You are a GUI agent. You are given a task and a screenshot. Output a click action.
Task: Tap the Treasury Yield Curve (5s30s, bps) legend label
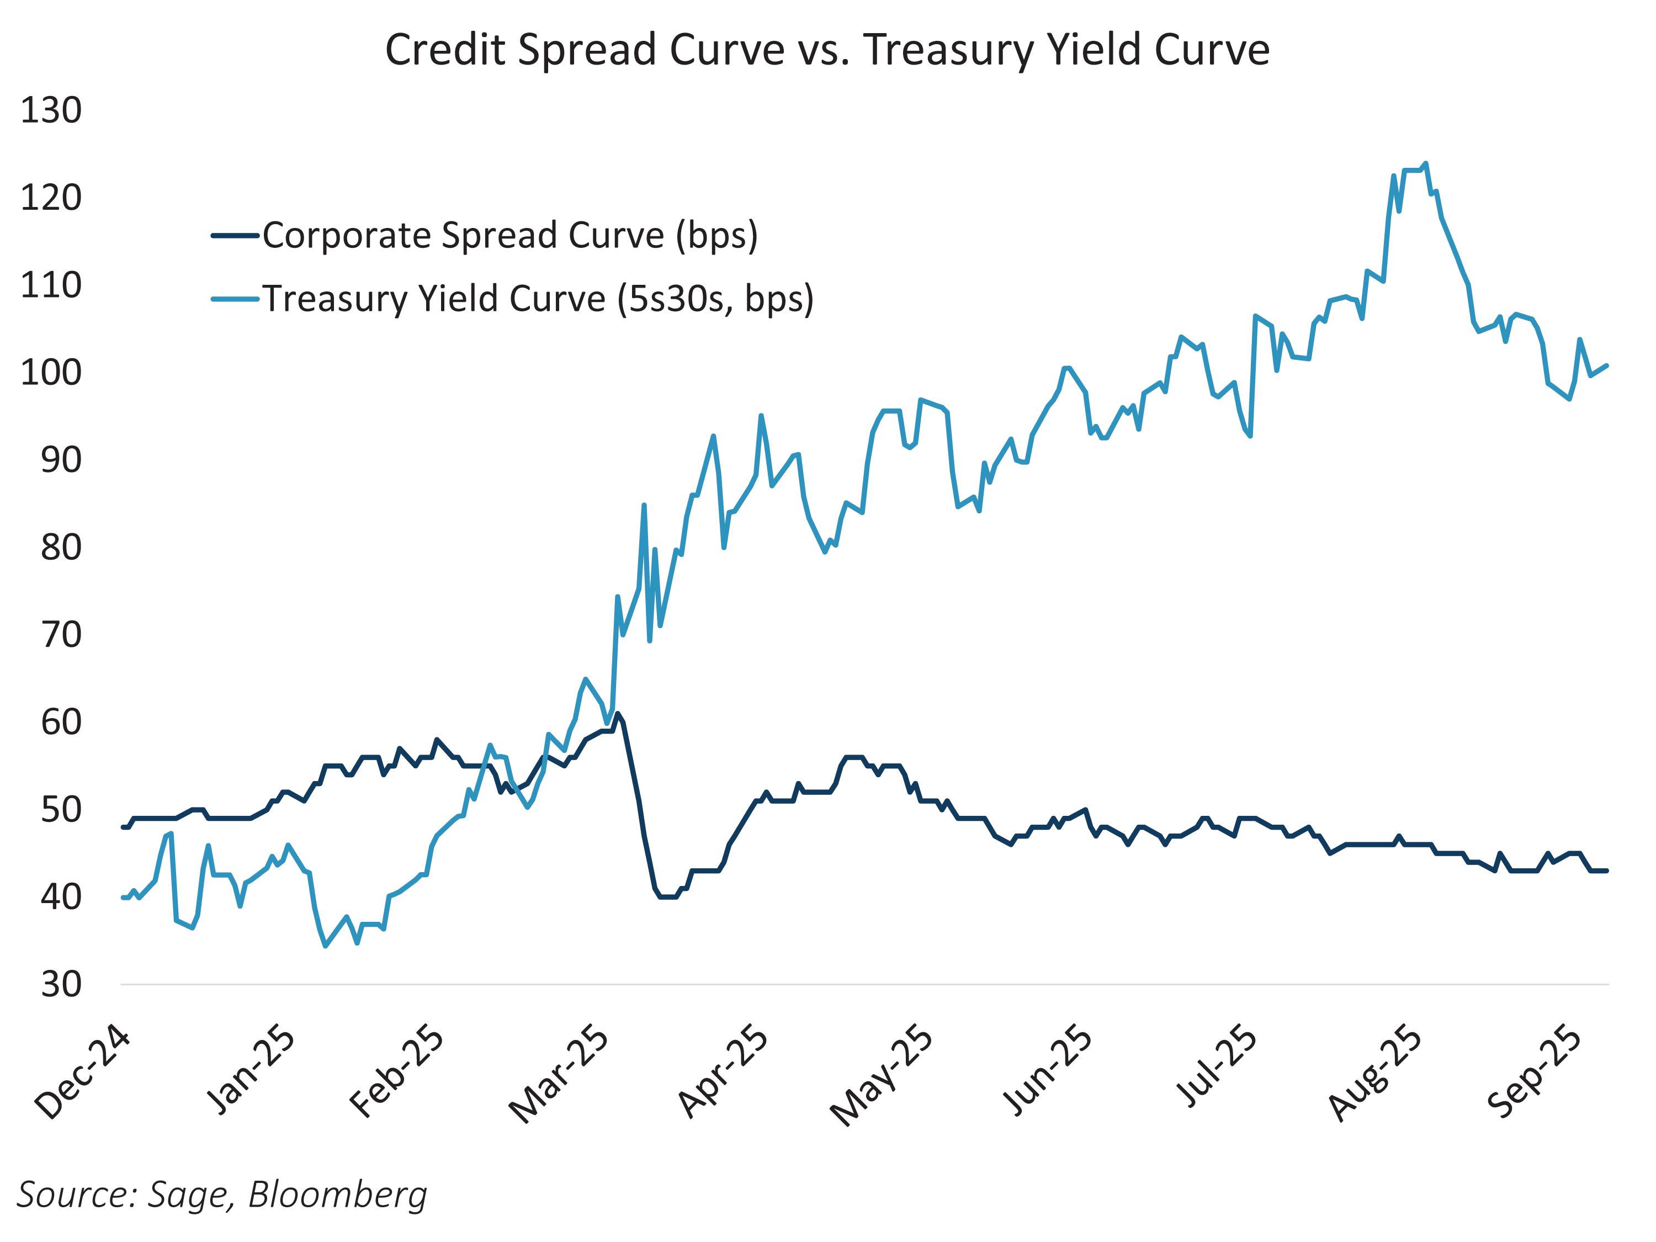pyautogui.click(x=538, y=299)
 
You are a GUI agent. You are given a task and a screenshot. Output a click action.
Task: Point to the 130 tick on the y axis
pyautogui.click(x=51, y=111)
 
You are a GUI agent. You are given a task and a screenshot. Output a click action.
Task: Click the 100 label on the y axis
pyautogui.click(x=51, y=373)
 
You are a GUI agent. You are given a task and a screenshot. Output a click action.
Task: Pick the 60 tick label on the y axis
pyautogui.click(x=61, y=723)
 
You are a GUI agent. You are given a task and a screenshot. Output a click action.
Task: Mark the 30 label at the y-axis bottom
pyautogui.click(x=61, y=984)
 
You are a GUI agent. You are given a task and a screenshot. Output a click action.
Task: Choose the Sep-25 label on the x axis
pyautogui.click(x=1534, y=1072)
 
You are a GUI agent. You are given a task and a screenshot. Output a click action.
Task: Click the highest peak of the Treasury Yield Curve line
pyautogui.click(x=1425, y=163)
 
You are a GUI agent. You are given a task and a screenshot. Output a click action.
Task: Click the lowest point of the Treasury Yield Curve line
pyautogui.click(x=325, y=946)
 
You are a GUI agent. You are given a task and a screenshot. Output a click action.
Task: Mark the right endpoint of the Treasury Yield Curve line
pyautogui.click(x=1606, y=365)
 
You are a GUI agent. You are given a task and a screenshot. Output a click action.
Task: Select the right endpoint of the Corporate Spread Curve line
pyautogui.click(x=1606, y=871)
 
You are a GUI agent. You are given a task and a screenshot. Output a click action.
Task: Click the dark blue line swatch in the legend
pyautogui.click(x=235, y=236)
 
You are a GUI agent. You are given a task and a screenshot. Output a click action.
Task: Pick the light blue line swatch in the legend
pyautogui.click(x=235, y=299)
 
